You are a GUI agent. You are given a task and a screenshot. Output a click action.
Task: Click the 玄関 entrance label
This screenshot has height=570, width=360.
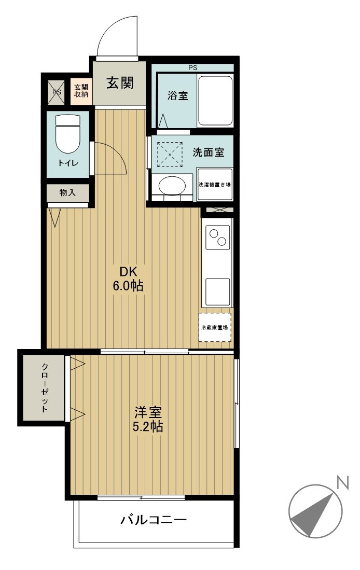(120, 84)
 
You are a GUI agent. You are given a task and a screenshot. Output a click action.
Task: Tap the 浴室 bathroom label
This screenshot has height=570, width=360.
(178, 95)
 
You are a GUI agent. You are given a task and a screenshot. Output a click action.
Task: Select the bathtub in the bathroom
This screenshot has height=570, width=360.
(215, 100)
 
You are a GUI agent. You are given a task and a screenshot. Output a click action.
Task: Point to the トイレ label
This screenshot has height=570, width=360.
(68, 163)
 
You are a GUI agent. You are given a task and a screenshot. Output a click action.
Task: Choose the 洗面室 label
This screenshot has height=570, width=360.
(208, 152)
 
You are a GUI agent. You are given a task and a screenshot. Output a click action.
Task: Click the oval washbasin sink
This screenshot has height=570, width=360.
(172, 185)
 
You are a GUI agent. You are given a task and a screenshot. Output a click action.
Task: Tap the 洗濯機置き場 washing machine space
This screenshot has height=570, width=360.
(215, 184)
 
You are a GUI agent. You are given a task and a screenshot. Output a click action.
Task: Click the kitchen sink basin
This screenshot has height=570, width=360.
(218, 292)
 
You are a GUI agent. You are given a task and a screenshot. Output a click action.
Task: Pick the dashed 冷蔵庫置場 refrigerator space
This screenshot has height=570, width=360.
(215, 327)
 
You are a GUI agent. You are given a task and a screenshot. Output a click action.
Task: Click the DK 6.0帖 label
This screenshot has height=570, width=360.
(128, 279)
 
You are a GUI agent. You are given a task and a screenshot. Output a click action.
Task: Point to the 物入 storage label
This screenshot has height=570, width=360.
(67, 192)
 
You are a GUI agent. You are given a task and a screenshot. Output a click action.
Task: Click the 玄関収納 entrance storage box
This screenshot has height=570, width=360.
(81, 91)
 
